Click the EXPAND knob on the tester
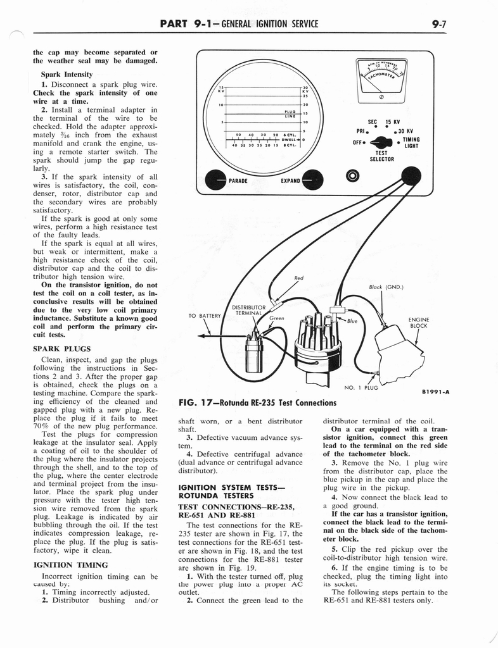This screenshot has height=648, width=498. coord(313,180)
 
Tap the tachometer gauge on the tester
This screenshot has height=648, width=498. coord(382,75)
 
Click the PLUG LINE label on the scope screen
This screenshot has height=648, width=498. coord(290,114)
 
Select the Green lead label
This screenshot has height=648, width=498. coord(276,318)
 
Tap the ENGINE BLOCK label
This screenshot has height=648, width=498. coord(419,323)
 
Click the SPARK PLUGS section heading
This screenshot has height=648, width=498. coord(61,348)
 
